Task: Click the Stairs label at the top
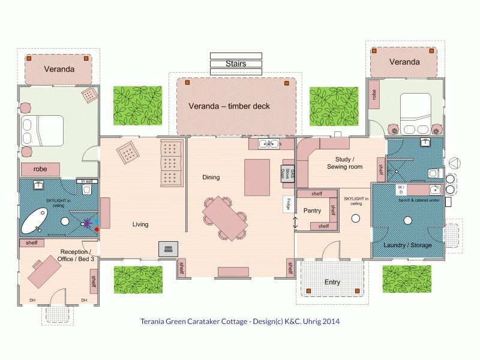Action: (236, 64)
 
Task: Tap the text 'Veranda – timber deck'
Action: (229, 106)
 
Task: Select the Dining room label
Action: (211, 177)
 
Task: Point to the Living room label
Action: (140, 224)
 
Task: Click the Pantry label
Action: (312, 211)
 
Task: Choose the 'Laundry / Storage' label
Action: (407, 245)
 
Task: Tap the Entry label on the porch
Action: (332, 282)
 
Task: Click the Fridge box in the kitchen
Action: (287, 204)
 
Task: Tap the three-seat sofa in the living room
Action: (171, 163)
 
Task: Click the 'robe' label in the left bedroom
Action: (40, 169)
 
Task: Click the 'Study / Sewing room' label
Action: (344, 163)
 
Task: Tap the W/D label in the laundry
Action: (401, 190)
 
